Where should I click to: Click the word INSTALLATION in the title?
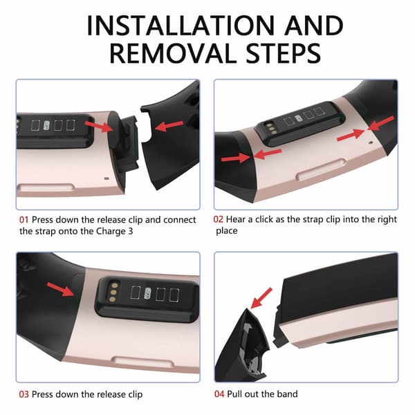181,26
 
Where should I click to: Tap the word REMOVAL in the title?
173,54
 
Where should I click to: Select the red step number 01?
24,220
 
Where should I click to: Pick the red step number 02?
218,219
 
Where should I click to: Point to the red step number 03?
24,395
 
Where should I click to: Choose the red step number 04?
219,394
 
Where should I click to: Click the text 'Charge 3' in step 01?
114,232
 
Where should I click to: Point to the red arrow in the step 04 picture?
261,298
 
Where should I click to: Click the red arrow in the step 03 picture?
60,289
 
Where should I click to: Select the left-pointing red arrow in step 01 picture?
169,126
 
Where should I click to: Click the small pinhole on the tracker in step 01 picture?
107,178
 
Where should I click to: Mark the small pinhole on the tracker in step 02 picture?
371,142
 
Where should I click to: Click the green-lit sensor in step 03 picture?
148,294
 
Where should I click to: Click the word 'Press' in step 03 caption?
42,395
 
